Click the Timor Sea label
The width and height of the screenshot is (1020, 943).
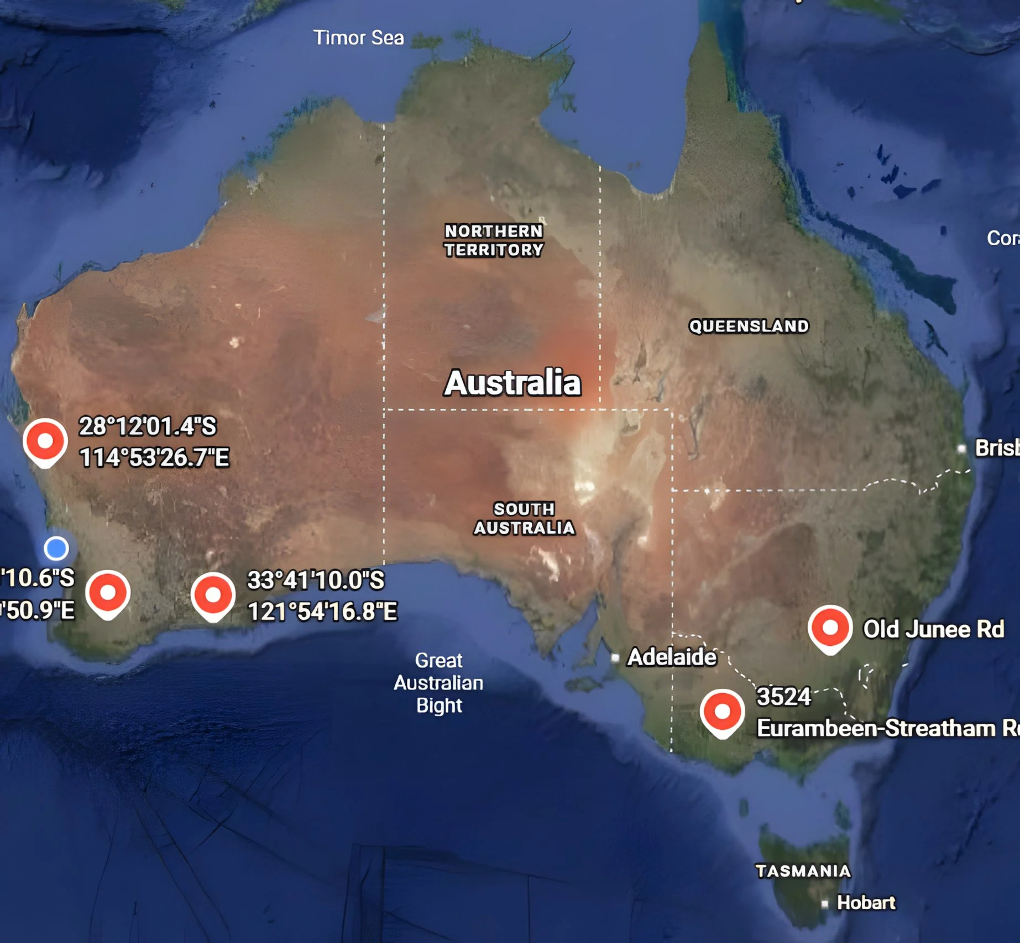click(358, 38)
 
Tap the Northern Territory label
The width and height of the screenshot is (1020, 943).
click(494, 240)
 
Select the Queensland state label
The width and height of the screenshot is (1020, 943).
click(749, 326)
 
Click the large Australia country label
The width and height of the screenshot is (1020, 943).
click(512, 382)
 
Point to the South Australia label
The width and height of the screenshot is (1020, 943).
click(524, 518)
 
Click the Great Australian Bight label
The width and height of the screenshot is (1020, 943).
click(438, 683)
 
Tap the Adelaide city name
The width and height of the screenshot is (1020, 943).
click(672, 657)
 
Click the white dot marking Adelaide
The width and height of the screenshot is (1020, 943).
click(615, 658)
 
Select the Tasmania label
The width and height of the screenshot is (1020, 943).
click(803, 871)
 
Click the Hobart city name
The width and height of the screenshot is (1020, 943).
click(866, 903)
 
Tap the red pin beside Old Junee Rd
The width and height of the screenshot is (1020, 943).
click(830, 628)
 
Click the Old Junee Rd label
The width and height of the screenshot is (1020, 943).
click(933, 629)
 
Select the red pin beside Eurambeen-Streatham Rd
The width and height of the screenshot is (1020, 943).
click(722, 712)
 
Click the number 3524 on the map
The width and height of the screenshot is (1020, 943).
click(783, 697)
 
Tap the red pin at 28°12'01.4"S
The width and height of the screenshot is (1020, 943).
click(45, 441)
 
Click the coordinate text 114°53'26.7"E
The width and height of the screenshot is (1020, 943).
click(154, 457)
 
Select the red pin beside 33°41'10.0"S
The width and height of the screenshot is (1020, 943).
click(213, 596)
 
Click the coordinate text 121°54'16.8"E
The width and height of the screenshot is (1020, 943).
click(322, 612)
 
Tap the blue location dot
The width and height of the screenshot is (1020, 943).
click(56, 549)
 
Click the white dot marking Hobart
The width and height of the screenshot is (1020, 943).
click(825, 904)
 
